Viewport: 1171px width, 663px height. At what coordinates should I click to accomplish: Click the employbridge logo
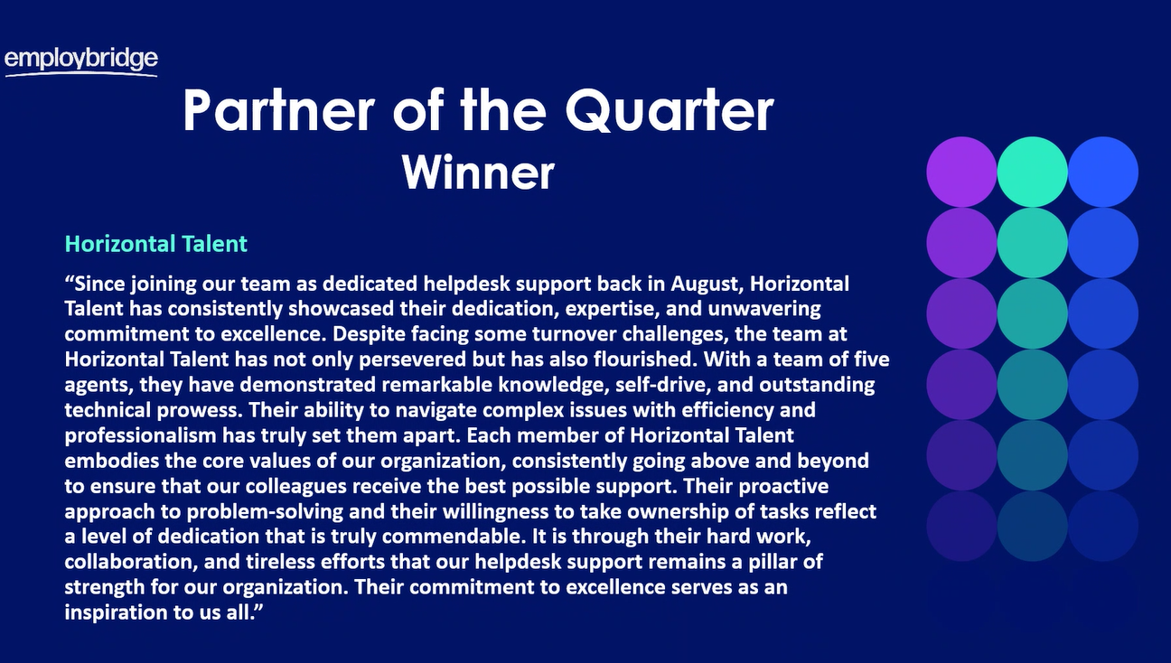81,61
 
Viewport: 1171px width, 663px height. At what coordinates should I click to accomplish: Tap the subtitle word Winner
478,171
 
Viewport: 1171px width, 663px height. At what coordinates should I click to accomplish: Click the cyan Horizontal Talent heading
156,244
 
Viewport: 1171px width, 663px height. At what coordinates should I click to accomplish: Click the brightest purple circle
961,172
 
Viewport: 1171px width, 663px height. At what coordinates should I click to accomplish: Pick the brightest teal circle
1032,172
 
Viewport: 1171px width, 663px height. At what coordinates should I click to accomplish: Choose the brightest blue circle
1102,172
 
